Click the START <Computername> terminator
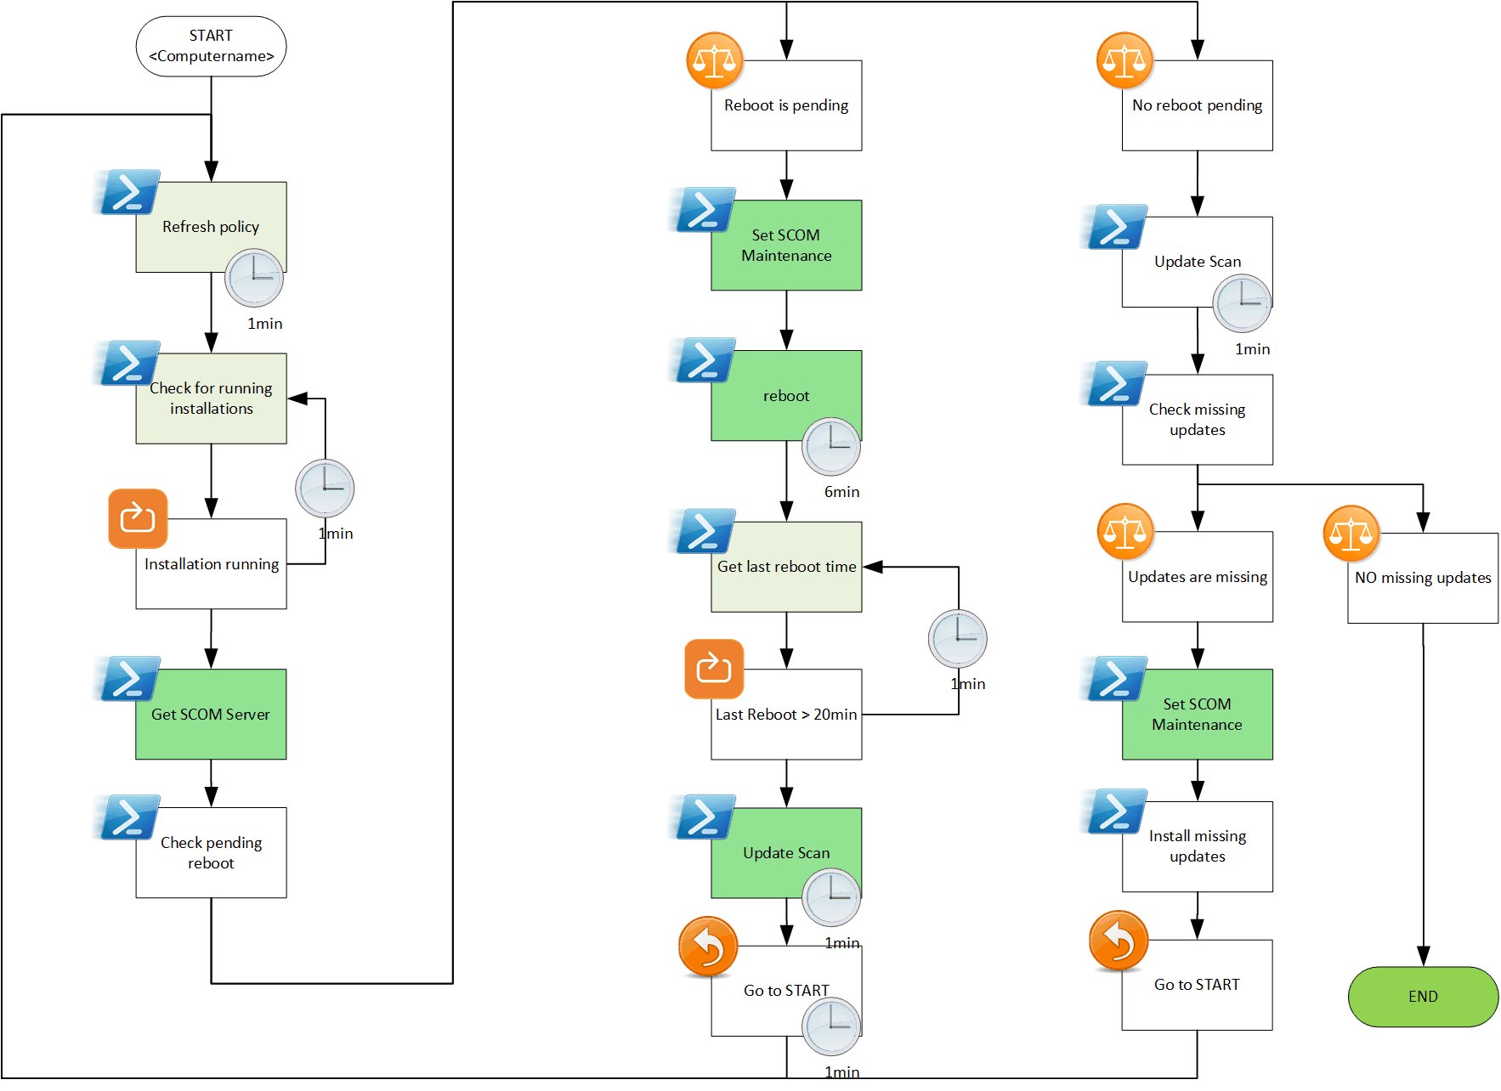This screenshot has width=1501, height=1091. click(x=211, y=46)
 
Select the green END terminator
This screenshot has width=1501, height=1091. click(x=1423, y=996)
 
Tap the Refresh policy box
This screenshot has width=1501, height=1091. click(x=211, y=227)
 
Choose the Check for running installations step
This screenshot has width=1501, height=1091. click(x=211, y=399)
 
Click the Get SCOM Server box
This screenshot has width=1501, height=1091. click(x=211, y=714)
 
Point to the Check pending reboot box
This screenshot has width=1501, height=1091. click(x=211, y=852)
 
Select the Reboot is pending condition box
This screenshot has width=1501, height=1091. click(x=786, y=105)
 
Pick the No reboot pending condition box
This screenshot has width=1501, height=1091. click(x=1197, y=105)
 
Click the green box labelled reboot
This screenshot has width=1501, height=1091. click(x=786, y=395)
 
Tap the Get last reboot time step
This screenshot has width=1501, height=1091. click(x=786, y=567)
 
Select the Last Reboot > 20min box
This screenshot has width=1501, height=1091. click(x=786, y=714)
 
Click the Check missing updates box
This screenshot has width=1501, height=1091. click(x=1197, y=420)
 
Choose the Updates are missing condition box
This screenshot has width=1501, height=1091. click(x=1197, y=577)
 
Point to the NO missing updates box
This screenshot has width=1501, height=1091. click(x=1423, y=578)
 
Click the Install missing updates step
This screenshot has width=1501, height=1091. click(x=1197, y=846)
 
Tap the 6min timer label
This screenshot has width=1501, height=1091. click(x=841, y=492)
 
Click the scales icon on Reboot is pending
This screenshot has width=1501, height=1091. click(x=715, y=60)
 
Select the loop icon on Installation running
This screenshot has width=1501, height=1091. click(x=138, y=518)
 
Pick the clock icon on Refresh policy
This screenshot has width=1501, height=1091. click(x=254, y=278)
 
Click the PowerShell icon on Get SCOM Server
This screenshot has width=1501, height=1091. click(x=127, y=678)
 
